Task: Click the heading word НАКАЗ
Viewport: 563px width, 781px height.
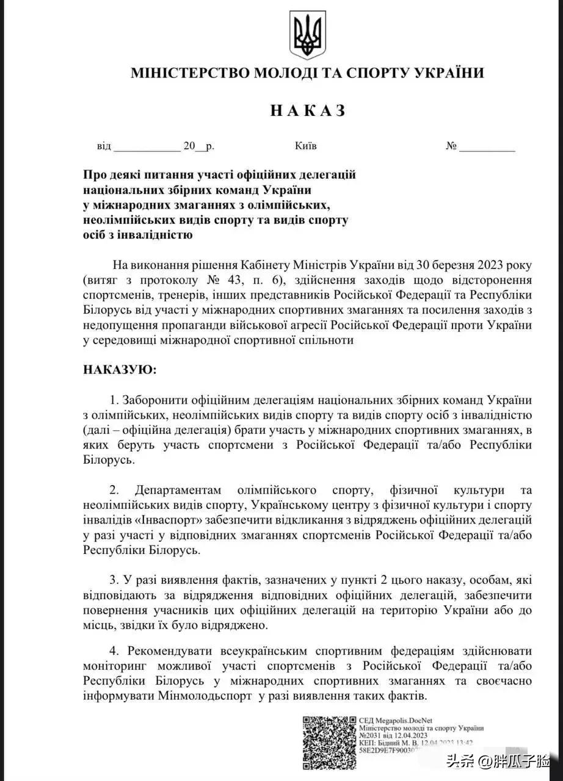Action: [308, 110]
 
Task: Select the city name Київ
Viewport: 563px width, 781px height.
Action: [305, 146]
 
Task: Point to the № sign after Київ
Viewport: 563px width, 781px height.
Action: [452, 146]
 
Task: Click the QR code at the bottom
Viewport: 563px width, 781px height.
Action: [329, 742]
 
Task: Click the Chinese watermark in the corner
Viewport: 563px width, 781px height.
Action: [498, 762]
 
